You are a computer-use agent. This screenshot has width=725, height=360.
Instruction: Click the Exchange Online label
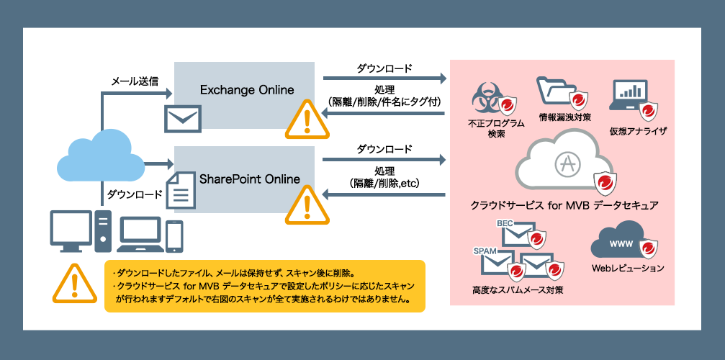point(247,90)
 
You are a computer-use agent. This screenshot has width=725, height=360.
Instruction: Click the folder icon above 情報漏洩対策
point(554,91)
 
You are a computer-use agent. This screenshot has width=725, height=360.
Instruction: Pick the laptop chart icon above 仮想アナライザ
point(630,96)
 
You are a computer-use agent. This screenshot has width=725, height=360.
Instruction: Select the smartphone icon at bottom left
point(174,236)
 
